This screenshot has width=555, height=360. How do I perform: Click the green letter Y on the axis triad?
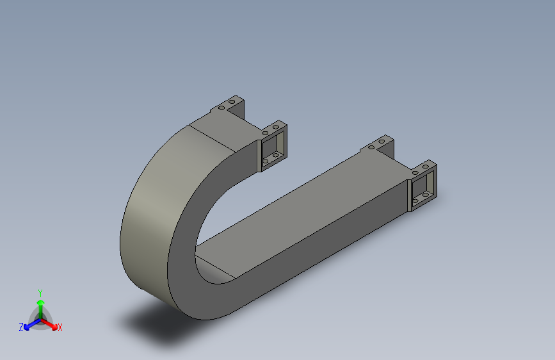tap(40, 291)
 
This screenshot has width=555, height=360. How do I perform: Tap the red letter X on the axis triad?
tap(60, 328)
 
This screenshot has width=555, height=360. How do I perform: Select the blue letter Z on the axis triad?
tap(21, 327)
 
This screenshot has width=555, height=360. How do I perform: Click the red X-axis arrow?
tap(51, 322)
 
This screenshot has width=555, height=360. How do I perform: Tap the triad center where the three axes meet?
tap(40, 317)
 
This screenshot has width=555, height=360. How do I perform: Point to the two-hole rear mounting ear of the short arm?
tap(230, 105)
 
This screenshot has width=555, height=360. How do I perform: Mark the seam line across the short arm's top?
tap(214, 137)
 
